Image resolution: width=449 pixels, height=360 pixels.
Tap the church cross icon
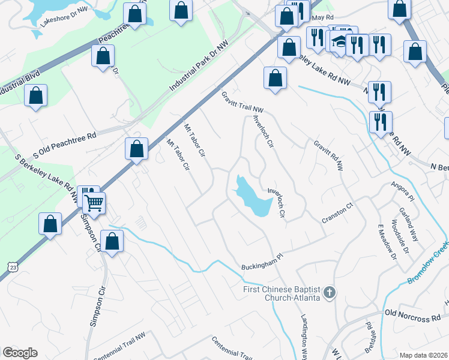(328, 293)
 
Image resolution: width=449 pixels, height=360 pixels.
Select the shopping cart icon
(94, 203)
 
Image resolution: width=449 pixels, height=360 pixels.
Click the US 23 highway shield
(13, 266)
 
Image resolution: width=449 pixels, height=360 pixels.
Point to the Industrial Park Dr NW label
(199, 66)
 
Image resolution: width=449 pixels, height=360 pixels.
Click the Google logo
(20, 353)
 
